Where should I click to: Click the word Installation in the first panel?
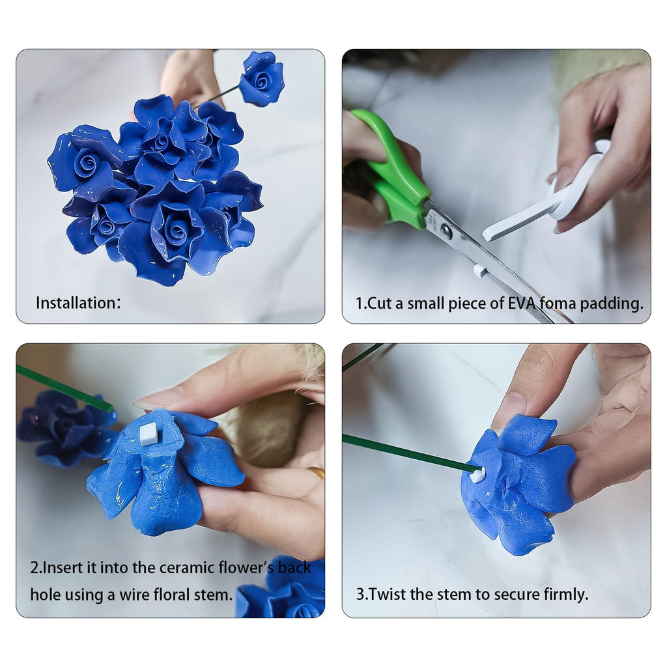(x=75, y=303)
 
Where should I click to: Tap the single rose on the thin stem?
(x=261, y=79)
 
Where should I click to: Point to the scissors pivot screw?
(x=446, y=230)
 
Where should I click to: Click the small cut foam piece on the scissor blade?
(x=479, y=270)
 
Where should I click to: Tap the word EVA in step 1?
(x=522, y=304)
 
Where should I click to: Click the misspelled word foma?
(x=561, y=304)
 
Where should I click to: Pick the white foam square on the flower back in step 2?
(x=149, y=433)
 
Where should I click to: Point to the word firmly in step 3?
(x=565, y=594)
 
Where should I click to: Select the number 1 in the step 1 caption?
(x=360, y=304)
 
